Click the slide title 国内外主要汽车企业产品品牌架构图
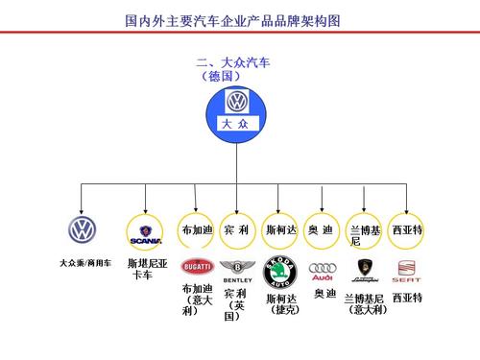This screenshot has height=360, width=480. coord(234,19)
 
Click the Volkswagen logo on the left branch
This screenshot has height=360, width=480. coord(83,229)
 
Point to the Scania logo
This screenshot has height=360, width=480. coord(146,230)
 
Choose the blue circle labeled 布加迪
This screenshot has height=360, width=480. coord(196,230)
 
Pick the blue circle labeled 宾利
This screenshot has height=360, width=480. coord(236,230)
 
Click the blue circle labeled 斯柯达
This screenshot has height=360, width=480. coord(280,230)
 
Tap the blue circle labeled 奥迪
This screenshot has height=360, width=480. coord(321,230)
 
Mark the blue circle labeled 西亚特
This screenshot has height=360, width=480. coord(407,230)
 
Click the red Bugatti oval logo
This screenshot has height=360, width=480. coord(197,267)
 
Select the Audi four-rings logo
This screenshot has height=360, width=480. coord(322,270)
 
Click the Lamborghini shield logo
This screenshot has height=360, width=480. coord(365,269)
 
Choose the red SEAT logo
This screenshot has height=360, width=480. coord(407,268)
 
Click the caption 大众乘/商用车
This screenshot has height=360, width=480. coord(84,262)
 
